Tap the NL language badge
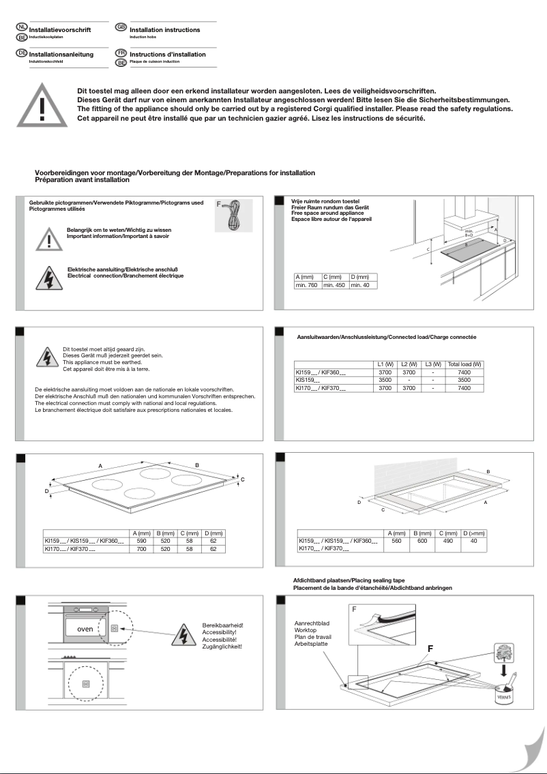tap(21, 27)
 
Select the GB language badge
tap(121, 27)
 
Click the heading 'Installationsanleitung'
tap(61, 54)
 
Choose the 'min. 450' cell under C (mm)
tap(334, 286)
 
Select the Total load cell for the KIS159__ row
tap(464, 379)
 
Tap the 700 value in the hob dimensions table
tap(142, 548)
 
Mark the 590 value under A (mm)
tap(142, 540)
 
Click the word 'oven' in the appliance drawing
tap(85, 629)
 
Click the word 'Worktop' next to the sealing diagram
tap(306, 631)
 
